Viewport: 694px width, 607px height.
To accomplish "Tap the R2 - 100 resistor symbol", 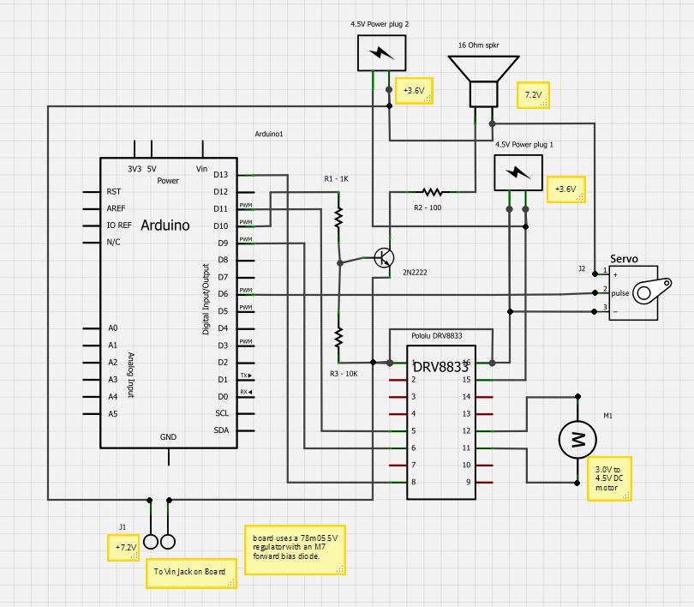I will tap(431, 192).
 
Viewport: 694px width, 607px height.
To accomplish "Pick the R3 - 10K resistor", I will tap(338, 337).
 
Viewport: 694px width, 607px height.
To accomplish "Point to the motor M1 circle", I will tap(577, 440).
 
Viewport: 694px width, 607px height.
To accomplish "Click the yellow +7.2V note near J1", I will tap(125, 547).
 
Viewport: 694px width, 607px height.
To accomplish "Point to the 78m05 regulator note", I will tap(296, 547).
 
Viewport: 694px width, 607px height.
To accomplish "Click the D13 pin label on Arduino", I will tap(221, 175).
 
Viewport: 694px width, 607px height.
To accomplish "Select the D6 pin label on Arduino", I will tap(221, 294).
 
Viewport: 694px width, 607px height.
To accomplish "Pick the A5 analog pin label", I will tap(112, 414).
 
